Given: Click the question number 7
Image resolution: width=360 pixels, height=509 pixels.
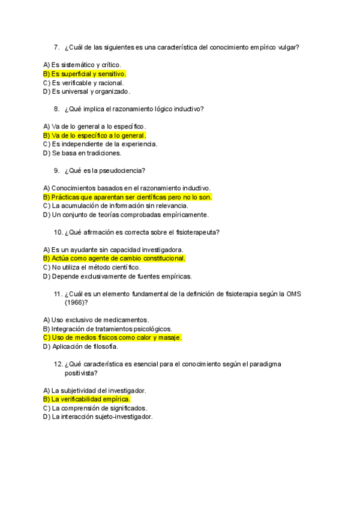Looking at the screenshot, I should tap(56, 47).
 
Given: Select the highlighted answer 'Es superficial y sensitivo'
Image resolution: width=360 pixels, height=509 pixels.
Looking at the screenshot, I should tap(85, 74).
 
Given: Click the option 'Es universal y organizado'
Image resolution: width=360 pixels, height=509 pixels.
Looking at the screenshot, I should tap(86, 92).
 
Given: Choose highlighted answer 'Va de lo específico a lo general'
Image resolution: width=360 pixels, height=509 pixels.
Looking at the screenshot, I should tap(95, 136).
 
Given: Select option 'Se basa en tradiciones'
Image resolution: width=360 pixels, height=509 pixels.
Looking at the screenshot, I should tap(83, 153).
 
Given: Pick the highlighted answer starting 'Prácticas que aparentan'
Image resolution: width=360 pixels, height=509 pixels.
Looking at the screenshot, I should tap(128, 197).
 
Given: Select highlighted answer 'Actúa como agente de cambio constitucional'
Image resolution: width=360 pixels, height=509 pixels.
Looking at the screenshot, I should tap(115, 259).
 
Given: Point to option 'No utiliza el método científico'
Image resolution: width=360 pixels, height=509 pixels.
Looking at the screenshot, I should tap(92, 267).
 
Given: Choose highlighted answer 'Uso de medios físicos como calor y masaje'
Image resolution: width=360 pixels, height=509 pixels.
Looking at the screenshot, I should tap(113, 337).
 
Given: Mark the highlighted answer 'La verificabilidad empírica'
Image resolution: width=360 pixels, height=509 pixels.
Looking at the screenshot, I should tap(86, 399).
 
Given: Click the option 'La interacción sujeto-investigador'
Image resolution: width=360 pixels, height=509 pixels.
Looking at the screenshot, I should tap(98, 417).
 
